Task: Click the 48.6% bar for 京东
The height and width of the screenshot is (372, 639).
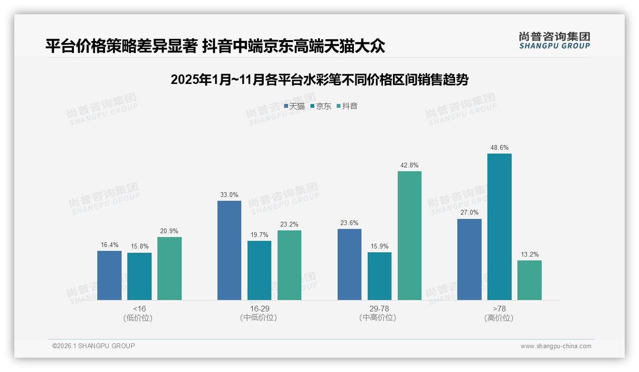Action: tap(499, 227)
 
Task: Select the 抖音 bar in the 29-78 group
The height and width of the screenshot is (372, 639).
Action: tap(409, 236)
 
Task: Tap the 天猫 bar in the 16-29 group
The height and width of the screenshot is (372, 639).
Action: tap(229, 250)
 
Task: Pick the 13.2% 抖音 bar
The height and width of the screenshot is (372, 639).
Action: tap(529, 280)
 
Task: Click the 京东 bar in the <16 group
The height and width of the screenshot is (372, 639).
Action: tap(139, 276)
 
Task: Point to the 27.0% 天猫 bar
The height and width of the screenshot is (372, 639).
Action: tap(469, 259)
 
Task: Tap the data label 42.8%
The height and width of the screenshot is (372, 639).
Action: tap(409, 165)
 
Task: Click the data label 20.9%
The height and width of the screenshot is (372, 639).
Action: tap(169, 231)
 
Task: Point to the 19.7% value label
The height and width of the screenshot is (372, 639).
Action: tap(259, 235)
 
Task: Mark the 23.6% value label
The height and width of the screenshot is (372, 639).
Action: tap(350, 223)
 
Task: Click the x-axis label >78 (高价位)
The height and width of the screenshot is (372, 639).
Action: tap(499, 313)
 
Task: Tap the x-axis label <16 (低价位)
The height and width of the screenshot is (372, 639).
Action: tap(139, 313)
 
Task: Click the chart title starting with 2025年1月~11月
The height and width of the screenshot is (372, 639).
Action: tap(319, 80)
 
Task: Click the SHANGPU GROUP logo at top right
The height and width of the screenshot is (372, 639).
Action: tap(554, 41)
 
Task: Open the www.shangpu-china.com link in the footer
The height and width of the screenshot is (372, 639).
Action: tap(556, 346)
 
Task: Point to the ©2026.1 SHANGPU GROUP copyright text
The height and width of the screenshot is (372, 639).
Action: tap(93, 346)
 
